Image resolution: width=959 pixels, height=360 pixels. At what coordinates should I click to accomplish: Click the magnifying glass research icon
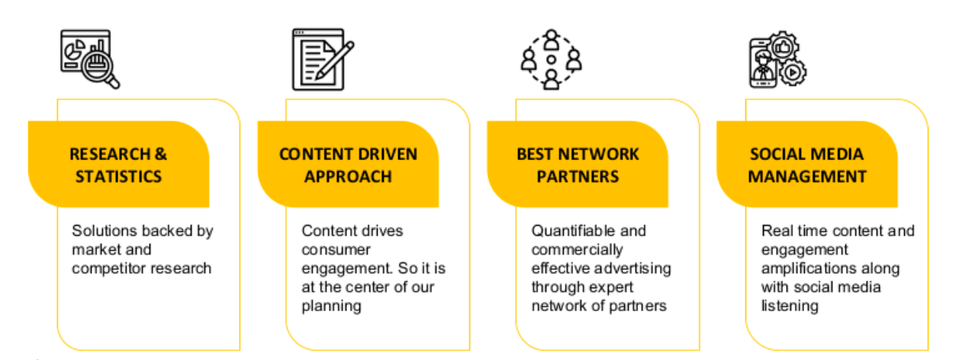pos(90,59)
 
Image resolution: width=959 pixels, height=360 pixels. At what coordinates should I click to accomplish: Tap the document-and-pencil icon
pos(323,59)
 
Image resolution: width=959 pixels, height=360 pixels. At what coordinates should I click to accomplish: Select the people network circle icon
pos(551,59)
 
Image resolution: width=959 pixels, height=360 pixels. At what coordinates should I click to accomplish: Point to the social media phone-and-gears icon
pos(777,59)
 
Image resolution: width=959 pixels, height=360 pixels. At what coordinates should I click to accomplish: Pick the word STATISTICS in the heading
pos(118,177)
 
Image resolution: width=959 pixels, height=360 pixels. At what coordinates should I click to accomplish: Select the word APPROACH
pos(348,177)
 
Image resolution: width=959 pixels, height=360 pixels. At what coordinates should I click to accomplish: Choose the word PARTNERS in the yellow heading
pos(578,177)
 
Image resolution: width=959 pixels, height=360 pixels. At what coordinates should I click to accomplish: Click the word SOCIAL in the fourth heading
pos(777,154)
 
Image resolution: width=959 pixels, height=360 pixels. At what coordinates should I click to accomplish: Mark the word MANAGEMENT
pos(807,177)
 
